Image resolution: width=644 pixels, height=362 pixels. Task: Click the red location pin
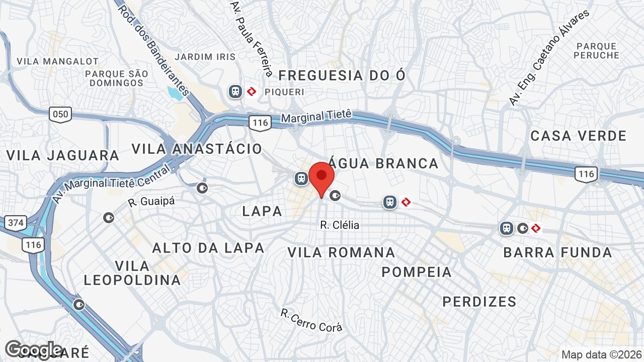click(x=321, y=178)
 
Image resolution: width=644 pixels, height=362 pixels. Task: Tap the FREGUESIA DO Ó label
click(x=342, y=75)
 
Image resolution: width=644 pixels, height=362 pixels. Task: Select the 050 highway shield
click(x=60, y=115)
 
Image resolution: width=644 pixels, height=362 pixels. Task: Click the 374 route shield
click(x=16, y=222)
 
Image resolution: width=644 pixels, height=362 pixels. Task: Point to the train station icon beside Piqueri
click(x=235, y=92)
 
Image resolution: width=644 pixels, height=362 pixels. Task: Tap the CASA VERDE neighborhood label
click(x=579, y=136)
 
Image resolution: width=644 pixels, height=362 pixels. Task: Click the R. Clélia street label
click(x=340, y=225)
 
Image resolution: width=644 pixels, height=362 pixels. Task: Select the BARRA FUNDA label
click(x=557, y=252)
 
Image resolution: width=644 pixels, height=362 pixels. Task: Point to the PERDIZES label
click(x=479, y=302)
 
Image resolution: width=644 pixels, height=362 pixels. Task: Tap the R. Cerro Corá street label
click(x=311, y=320)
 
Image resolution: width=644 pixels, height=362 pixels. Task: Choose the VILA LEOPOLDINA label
click(x=132, y=273)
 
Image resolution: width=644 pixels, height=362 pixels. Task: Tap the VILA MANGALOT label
click(x=57, y=61)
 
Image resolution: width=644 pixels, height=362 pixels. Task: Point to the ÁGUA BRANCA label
click(x=384, y=163)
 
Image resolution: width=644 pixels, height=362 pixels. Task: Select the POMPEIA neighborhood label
click(x=417, y=272)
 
